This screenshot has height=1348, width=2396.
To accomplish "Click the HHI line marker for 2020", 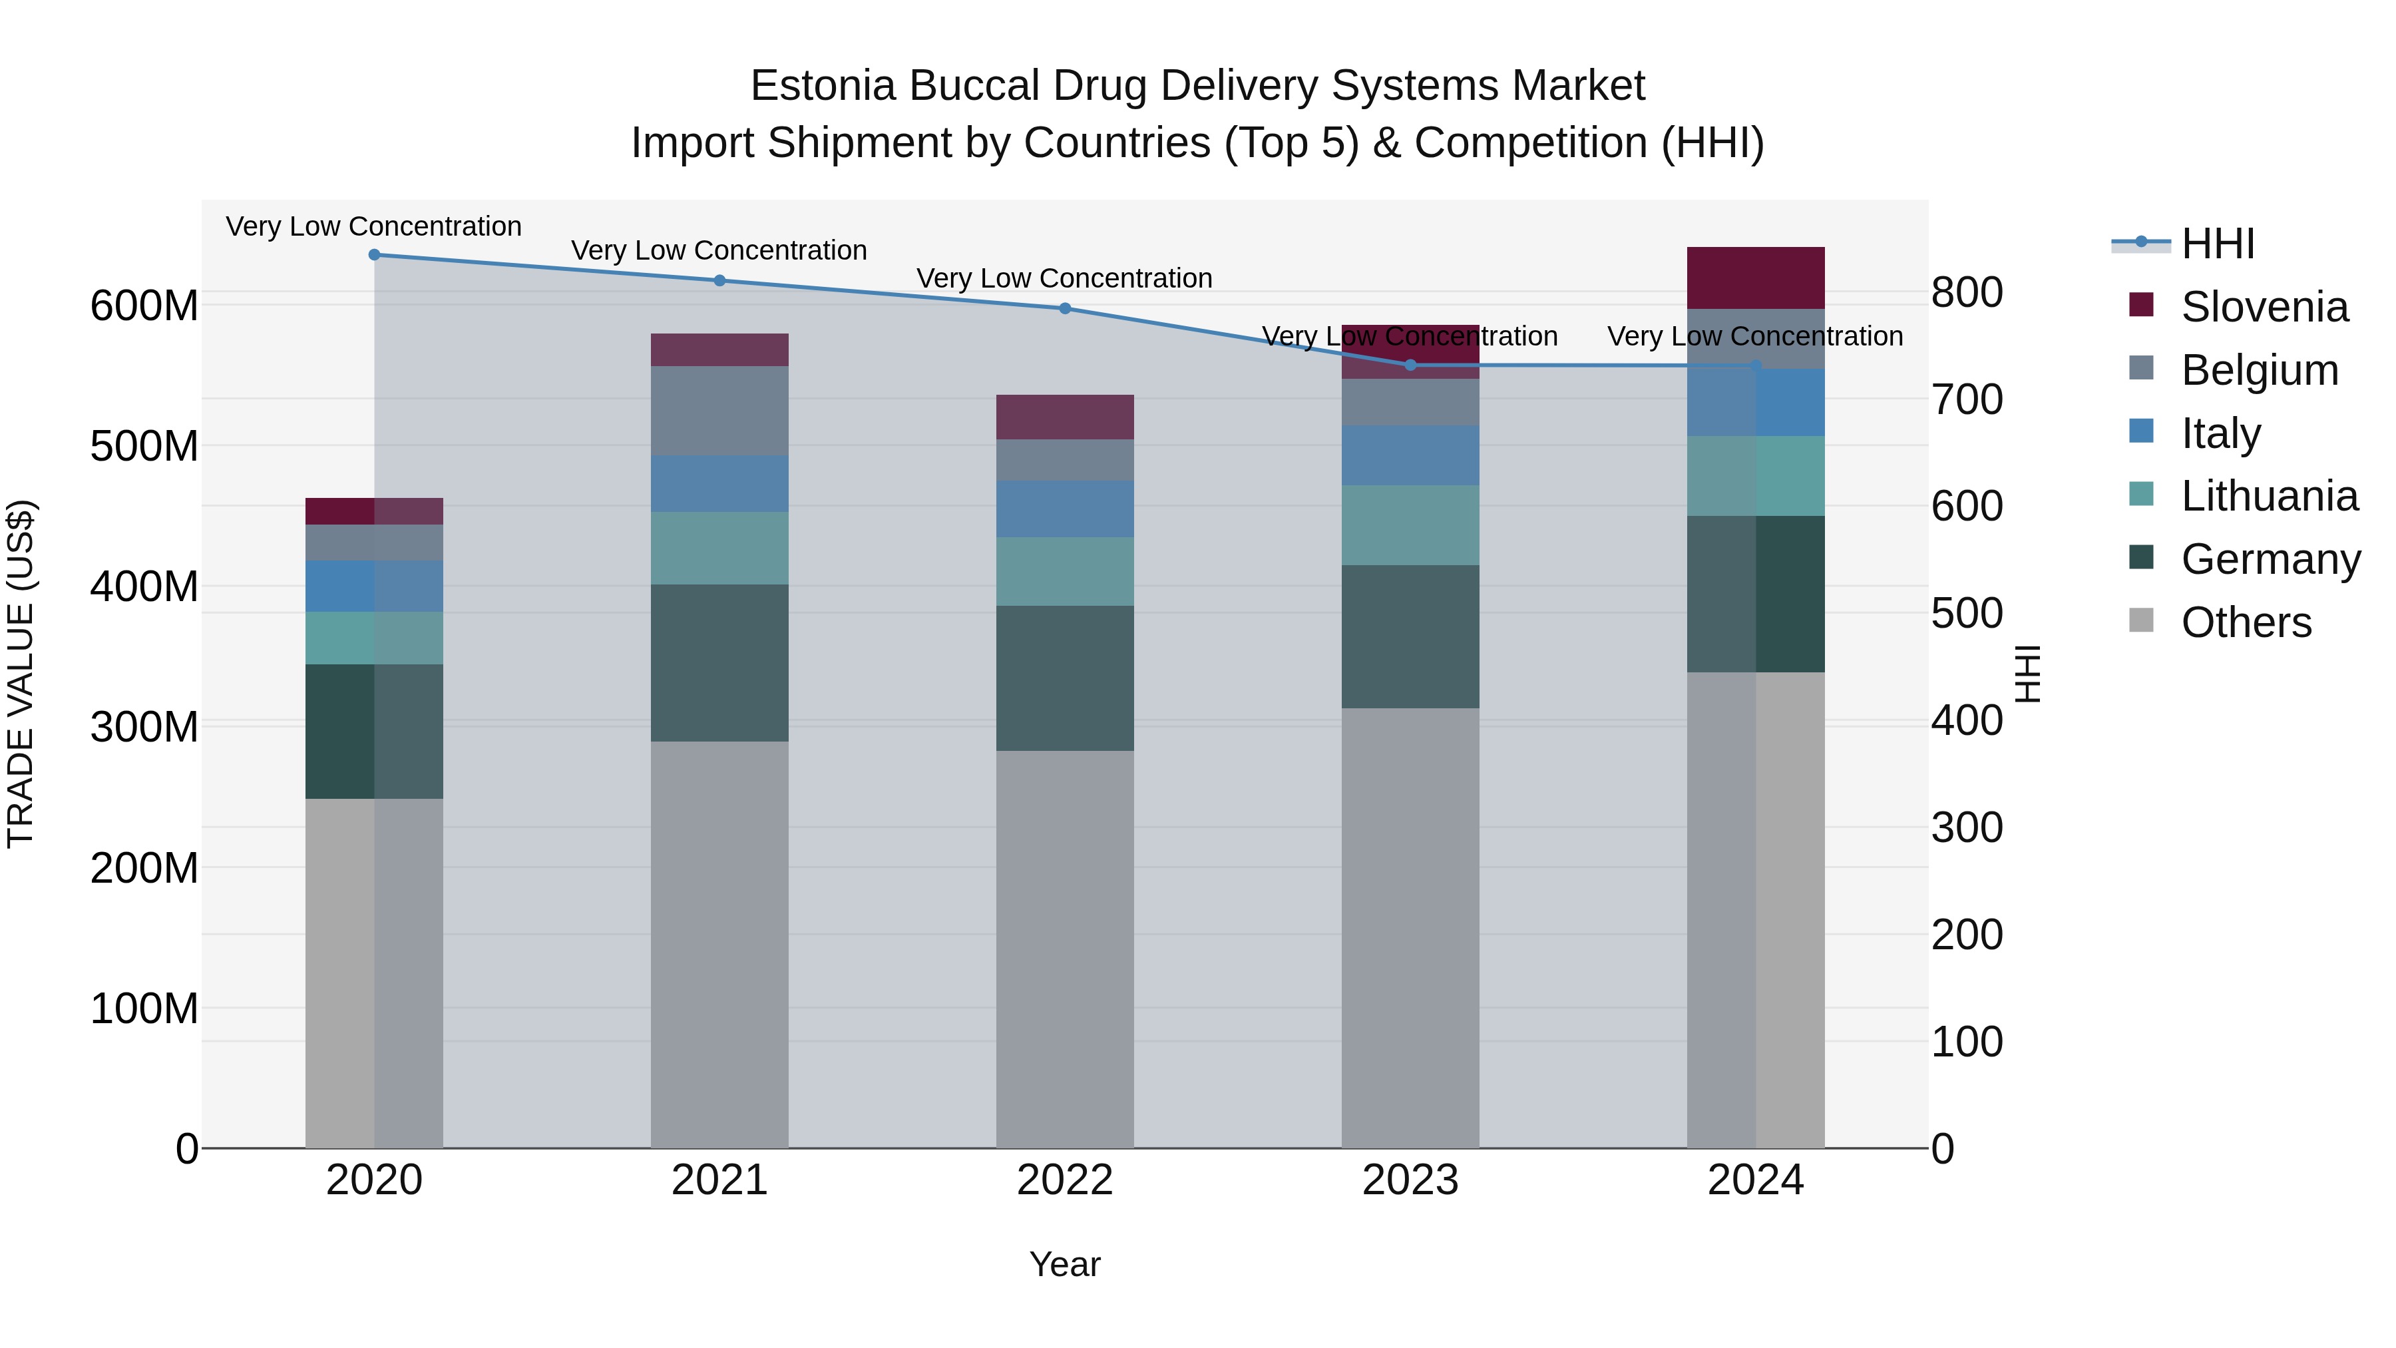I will [x=374, y=255].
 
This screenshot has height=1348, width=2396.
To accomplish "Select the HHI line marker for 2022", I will [x=1065, y=309].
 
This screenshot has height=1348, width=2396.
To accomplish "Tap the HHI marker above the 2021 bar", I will [x=719, y=281].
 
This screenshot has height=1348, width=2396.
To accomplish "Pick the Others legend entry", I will [x=2246, y=622].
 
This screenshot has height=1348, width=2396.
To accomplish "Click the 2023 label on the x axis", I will [x=1410, y=1180].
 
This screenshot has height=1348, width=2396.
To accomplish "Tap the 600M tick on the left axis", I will [x=144, y=306].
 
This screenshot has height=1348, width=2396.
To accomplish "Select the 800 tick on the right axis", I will [x=1966, y=292].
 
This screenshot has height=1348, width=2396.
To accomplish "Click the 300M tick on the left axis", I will [x=144, y=726].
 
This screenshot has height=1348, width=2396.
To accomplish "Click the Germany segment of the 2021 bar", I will [x=719, y=662].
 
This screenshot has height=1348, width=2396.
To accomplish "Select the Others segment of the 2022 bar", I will [x=1065, y=949].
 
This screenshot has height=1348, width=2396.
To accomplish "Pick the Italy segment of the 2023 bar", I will [x=1410, y=456].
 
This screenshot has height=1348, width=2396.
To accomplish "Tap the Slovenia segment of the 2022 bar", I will [x=1065, y=417].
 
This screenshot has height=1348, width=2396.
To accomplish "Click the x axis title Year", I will [x=1065, y=1264].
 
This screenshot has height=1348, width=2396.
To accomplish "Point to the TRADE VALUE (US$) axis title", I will [x=21, y=674].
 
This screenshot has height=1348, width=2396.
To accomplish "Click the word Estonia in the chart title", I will [x=823, y=86].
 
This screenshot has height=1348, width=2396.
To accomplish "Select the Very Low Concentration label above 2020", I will [x=374, y=226].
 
